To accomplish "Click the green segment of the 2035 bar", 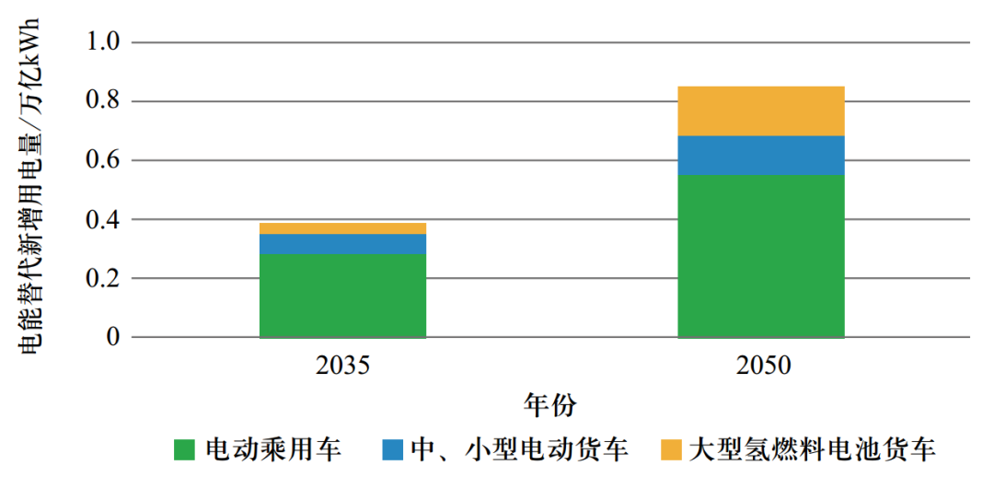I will pyautogui.click(x=342, y=296).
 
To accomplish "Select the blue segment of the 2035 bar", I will pyautogui.click(x=342, y=244).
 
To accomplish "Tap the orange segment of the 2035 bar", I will pyautogui.click(x=342, y=228).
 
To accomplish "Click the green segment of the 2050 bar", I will pyautogui.click(x=760, y=256).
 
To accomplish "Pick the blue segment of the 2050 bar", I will pyautogui.click(x=760, y=155).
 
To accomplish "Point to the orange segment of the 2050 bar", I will pyautogui.click(x=760, y=111).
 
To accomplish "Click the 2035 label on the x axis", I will pyautogui.click(x=342, y=366).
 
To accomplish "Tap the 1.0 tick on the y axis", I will pyautogui.click(x=102, y=42).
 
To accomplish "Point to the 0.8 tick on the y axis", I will pyautogui.click(x=102, y=101).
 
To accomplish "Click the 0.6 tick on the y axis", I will pyautogui.click(x=102, y=160).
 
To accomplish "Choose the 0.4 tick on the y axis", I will pyautogui.click(x=102, y=219).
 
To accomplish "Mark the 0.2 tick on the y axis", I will pyautogui.click(x=102, y=278).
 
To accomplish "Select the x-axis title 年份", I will pyautogui.click(x=550, y=405).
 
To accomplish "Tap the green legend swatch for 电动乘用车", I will pyautogui.click(x=184, y=450).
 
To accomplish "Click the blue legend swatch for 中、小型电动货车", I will pyautogui.click(x=393, y=450).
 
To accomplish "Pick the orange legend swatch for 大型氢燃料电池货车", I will pyautogui.click(x=672, y=450).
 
